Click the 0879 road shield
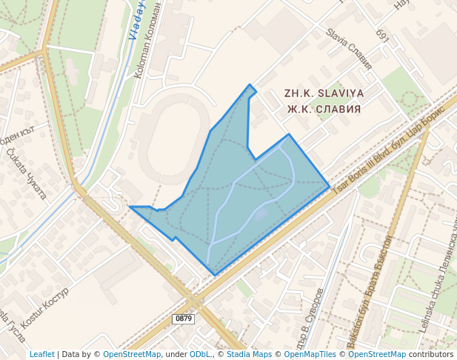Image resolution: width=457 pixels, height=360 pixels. [x=183, y=319]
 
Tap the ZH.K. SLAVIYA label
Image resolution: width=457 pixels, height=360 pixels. [x=324, y=94]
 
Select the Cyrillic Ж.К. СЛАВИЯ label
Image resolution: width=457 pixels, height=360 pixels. [x=324, y=109]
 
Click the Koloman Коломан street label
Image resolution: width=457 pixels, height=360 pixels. [x=147, y=41]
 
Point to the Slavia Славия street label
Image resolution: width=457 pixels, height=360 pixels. [x=349, y=49]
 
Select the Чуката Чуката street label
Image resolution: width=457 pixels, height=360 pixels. [x=26, y=173]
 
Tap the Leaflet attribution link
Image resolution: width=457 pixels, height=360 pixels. [x=41, y=354]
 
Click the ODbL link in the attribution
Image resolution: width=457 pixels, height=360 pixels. [x=200, y=354]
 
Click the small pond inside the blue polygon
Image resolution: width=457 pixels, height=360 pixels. [x=261, y=214]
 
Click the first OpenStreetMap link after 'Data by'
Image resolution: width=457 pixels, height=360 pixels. [x=131, y=354]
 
